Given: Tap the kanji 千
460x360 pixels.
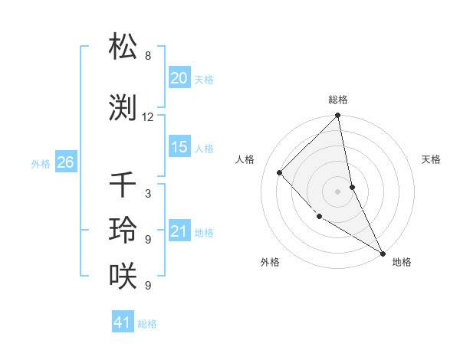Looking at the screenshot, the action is tap(123, 185).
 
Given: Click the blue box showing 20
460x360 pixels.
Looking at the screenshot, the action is tap(179, 78).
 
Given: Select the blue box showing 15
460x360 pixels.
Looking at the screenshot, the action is tap(179, 147).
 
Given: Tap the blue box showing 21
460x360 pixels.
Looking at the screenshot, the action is tap(179, 231).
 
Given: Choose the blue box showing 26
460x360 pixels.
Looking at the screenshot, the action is tap(65, 162).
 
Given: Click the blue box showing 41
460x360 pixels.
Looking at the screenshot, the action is tap(123, 322).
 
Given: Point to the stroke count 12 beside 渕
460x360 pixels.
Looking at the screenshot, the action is tap(148, 117).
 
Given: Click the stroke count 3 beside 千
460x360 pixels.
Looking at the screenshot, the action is tap(148, 194).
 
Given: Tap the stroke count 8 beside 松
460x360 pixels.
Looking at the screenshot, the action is tap(148, 56).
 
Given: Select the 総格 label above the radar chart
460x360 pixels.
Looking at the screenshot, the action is tap(338, 100).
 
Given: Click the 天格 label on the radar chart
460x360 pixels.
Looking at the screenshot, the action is tap(432, 159).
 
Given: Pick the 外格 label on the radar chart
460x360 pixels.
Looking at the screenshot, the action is tap(269, 262).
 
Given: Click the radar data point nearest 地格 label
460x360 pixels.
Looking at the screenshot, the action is tap(382, 252).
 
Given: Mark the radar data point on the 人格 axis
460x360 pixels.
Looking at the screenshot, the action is tap(280, 172).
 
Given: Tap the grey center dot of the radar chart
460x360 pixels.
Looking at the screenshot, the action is tap(338, 191).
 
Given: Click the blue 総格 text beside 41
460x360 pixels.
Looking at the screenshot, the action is tap(147, 324).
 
